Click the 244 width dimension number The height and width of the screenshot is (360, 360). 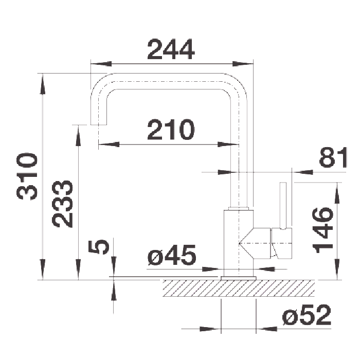pyautogui.click(x=171, y=49)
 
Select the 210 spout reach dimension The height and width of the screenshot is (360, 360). pyautogui.click(x=171, y=130)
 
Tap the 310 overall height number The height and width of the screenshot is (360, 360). pyautogui.click(x=27, y=176)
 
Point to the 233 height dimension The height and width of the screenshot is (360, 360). pyautogui.click(x=62, y=204)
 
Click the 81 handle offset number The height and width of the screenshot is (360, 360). pyautogui.click(x=333, y=157)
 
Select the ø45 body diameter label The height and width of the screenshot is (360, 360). pyautogui.click(x=172, y=255)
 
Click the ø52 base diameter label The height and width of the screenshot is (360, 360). pyautogui.click(x=307, y=315)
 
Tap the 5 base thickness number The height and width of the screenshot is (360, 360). pyautogui.click(x=99, y=247)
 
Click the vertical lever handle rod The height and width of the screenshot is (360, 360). pyautogui.click(x=283, y=206)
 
